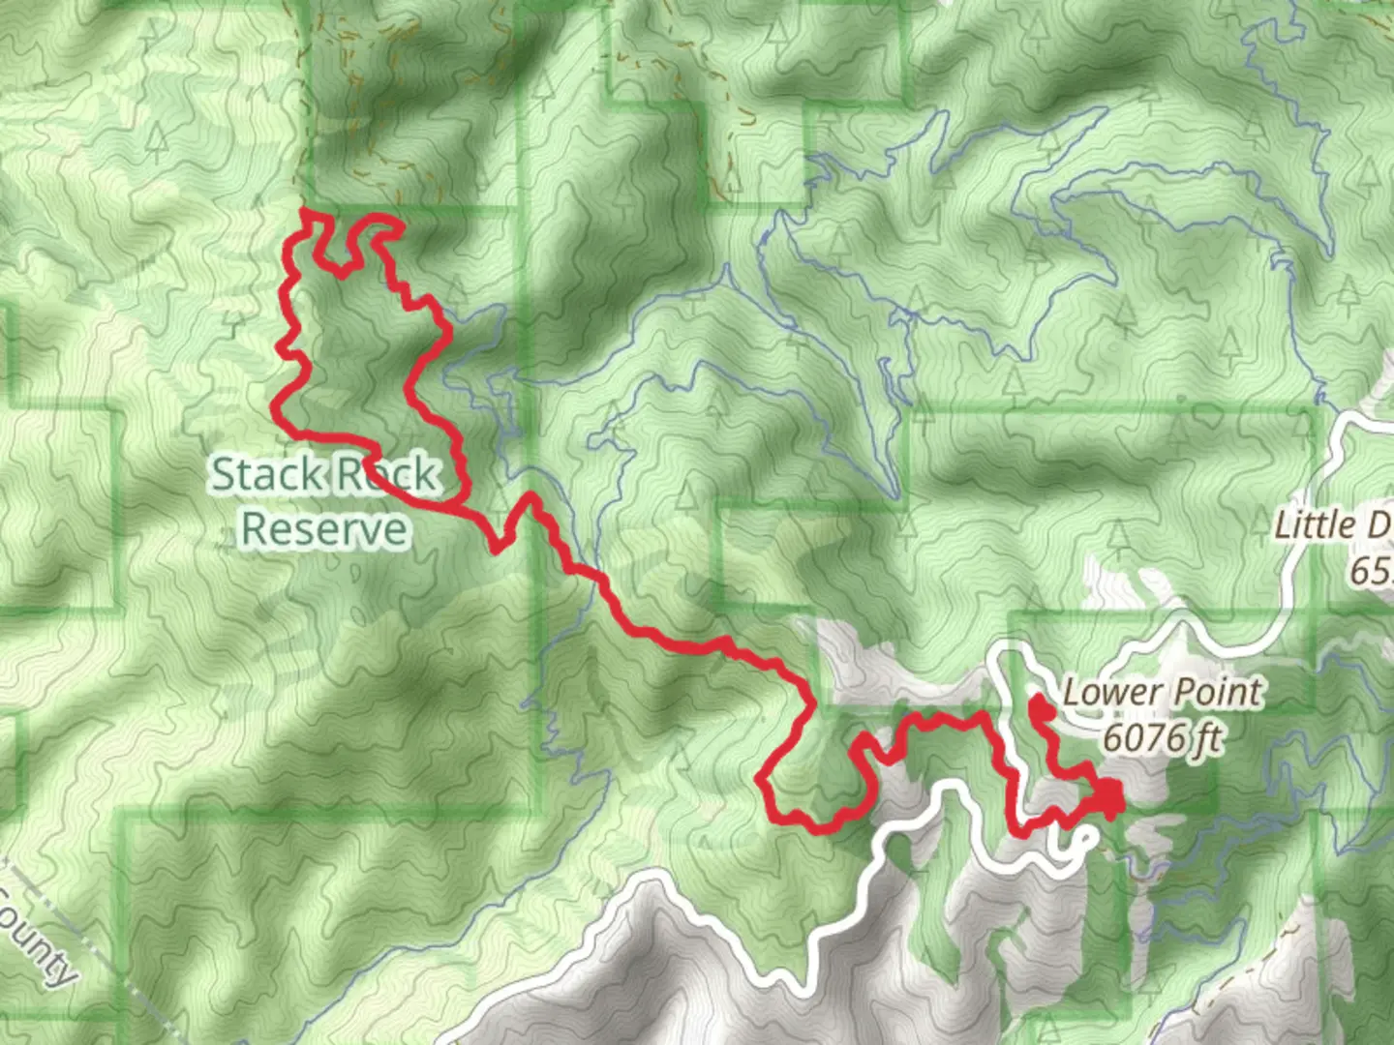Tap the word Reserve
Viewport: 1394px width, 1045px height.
click(x=324, y=529)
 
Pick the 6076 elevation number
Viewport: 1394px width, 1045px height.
click(x=1143, y=738)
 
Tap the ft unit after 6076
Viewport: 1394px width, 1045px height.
click(x=1205, y=738)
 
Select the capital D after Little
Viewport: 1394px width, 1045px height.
click(x=1379, y=525)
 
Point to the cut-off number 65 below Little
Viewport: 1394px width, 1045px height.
click(x=1371, y=571)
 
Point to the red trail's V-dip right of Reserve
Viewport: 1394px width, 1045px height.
click(x=499, y=545)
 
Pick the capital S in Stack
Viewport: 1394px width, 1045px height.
click(x=223, y=474)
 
